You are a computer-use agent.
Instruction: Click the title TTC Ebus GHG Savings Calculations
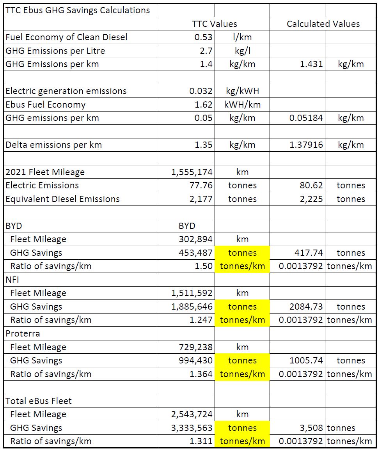coord(78,10)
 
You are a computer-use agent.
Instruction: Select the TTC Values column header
coord(214,24)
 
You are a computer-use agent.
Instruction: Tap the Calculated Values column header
coord(323,24)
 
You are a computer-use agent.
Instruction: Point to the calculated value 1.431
coord(311,64)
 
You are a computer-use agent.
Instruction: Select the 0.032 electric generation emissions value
coord(201,91)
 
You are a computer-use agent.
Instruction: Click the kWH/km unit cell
coord(242,105)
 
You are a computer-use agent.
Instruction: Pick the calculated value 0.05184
coord(306,118)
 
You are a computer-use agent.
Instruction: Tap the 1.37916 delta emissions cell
coord(306,145)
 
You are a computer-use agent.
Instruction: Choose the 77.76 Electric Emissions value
coord(201,185)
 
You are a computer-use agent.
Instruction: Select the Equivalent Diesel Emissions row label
coord(62,199)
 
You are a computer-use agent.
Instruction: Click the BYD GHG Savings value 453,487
coord(195,253)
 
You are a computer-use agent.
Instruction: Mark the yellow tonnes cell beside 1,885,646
coord(242,306)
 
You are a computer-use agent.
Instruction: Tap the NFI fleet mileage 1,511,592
coord(192,293)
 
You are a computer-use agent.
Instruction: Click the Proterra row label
coord(23,334)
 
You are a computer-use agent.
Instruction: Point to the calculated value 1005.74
coord(308,361)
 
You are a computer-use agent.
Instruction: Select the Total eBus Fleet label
coord(39,401)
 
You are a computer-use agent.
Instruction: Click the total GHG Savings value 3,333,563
coord(192,428)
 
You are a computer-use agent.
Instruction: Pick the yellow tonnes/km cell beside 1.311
coord(242,441)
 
